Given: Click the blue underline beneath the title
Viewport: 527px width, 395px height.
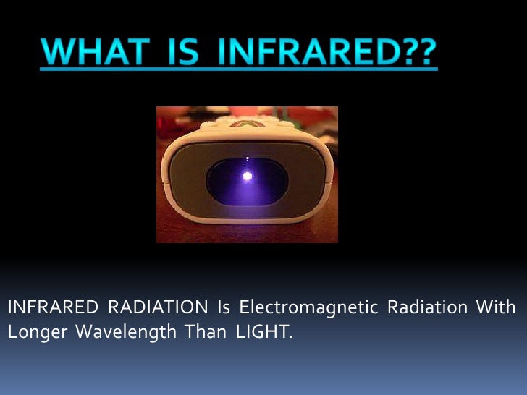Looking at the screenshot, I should point(238,69).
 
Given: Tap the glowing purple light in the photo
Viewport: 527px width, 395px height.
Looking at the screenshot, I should point(248,175).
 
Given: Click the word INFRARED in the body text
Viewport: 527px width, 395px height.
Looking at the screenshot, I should point(51,307).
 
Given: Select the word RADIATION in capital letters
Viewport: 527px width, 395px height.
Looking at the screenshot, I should point(157,307).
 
